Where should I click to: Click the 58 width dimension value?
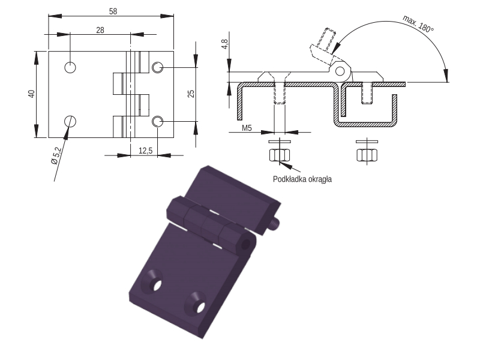(x=113, y=11)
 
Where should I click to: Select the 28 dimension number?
(x=100, y=30)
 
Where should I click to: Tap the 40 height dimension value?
(x=32, y=94)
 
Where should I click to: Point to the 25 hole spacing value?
(x=191, y=94)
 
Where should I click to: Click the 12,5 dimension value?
(x=145, y=151)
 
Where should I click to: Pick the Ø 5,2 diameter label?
(x=56, y=156)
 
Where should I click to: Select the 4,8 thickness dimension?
(x=225, y=44)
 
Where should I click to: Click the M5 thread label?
(x=247, y=128)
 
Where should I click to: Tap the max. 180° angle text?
(x=418, y=23)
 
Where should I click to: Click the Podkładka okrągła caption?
(x=302, y=179)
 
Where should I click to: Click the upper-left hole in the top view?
(x=70, y=67)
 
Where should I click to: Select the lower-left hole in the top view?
(x=70, y=122)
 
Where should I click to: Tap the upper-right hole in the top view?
(x=158, y=67)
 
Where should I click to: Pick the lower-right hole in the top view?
(x=158, y=122)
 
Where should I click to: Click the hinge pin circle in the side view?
(x=340, y=71)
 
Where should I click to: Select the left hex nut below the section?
(x=279, y=155)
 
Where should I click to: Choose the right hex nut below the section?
(x=367, y=155)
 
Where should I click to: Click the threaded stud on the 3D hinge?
(x=275, y=223)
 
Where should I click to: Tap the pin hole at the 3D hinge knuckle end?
(x=246, y=244)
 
